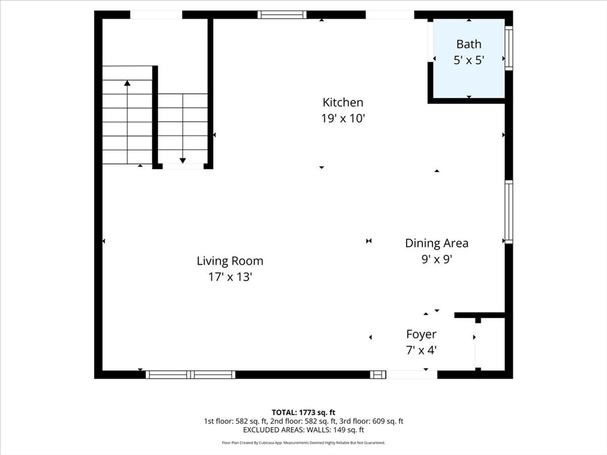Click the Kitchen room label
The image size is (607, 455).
coord(343,102)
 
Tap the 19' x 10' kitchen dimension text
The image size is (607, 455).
coord(343,118)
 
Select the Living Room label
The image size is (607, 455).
coord(230,261)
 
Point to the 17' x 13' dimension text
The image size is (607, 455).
coord(231,277)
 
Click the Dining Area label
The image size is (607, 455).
coord(437,243)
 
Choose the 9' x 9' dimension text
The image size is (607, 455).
coord(437,259)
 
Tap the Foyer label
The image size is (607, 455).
coord(421,334)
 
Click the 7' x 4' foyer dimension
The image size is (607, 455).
coord(421,350)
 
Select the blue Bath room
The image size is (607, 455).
coord(469,58)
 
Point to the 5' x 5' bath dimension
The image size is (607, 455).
coord(469,60)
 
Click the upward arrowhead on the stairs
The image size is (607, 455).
coord(127,83)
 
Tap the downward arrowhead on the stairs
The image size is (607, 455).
coord(183,161)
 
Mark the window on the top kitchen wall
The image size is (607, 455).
coord(282,15)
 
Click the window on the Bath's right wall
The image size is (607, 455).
coord(509,47)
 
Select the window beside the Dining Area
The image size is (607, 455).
coord(509,212)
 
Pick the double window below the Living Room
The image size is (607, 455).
coord(190,374)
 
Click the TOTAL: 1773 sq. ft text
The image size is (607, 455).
coord(303,412)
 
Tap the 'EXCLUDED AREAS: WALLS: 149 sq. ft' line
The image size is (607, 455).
coord(303,430)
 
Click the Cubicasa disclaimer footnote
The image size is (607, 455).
coord(303,443)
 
